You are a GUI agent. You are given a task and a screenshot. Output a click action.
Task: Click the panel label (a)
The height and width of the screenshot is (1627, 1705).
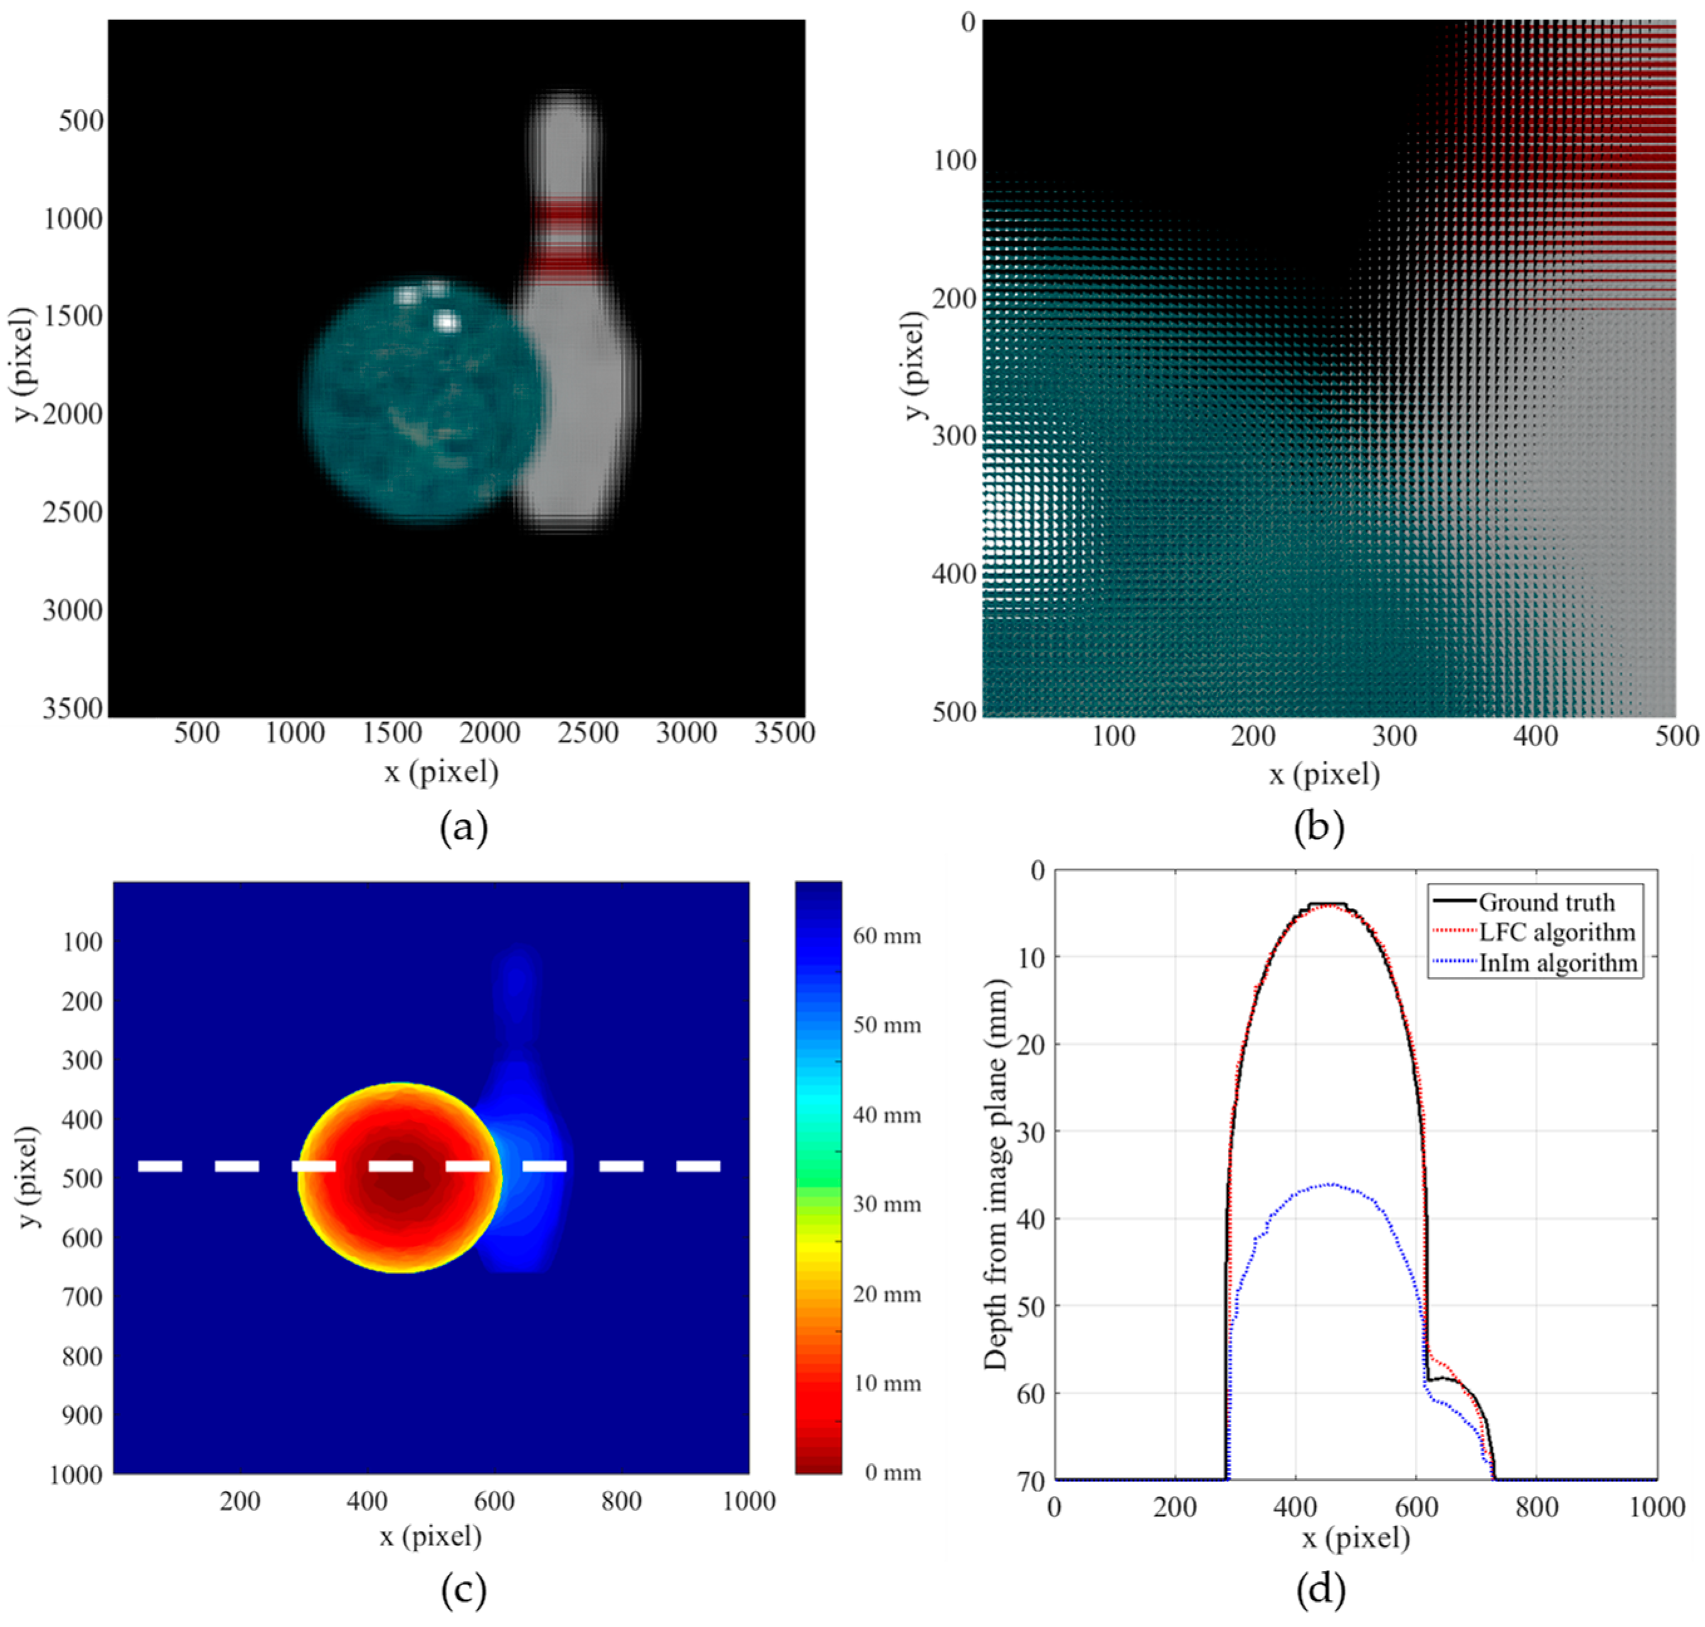464,828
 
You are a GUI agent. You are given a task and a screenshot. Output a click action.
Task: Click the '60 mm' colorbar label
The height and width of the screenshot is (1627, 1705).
887,936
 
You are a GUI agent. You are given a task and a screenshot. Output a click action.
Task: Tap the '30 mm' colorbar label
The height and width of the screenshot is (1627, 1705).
887,1203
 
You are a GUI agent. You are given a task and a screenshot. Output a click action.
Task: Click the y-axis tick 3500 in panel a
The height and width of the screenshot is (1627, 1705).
73,708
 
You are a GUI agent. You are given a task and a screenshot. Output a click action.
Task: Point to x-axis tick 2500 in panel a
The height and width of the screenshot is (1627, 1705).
587,733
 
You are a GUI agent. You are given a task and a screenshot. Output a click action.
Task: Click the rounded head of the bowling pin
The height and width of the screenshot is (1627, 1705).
564,122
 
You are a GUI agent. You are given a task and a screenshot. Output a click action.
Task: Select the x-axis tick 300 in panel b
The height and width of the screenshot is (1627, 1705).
1394,736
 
